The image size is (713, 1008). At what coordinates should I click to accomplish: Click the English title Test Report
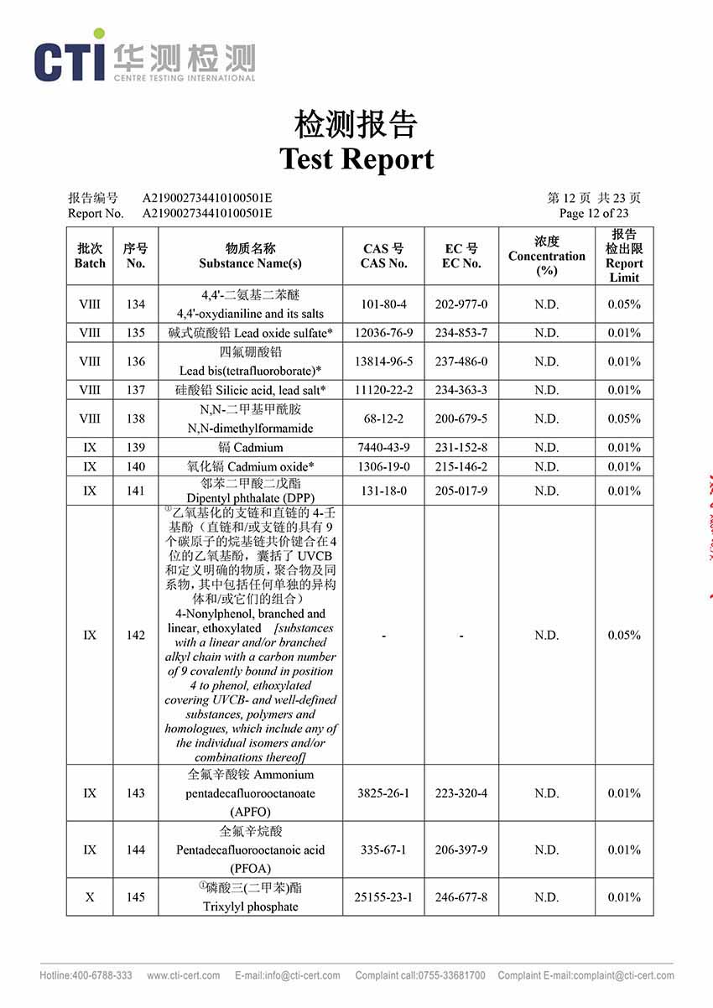pyautogui.click(x=356, y=158)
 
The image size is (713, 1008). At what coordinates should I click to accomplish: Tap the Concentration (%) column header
pyautogui.click(x=546, y=257)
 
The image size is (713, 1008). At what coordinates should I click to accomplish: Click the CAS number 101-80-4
pyautogui.click(x=383, y=304)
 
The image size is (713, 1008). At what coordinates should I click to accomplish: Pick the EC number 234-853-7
pyautogui.click(x=461, y=333)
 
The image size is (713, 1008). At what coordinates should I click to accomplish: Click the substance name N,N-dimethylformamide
pyautogui.click(x=250, y=428)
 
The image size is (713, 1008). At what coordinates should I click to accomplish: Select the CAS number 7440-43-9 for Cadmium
pyautogui.click(x=383, y=447)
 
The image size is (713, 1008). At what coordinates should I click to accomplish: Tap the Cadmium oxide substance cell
pyautogui.click(x=250, y=466)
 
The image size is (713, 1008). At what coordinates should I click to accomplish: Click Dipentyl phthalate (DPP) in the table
pyautogui.click(x=250, y=497)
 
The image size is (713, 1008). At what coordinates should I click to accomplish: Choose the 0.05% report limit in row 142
pyautogui.click(x=624, y=635)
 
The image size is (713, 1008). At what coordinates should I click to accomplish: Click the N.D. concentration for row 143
pyautogui.click(x=546, y=793)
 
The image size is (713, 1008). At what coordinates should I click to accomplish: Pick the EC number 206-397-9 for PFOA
pyautogui.click(x=461, y=850)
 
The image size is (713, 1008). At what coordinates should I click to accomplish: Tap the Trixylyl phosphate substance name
pyautogui.click(x=250, y=906)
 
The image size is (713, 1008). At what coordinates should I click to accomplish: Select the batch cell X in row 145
pyautogui.click(x=90, y=897)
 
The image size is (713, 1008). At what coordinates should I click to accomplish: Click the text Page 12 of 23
pyautogui.click(x=594, y=213)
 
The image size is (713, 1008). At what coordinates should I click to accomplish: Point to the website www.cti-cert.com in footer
pyautogui.click(x=184, y=975)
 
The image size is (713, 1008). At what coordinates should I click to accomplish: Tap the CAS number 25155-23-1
pyautogui.click(x=383, y=897)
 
